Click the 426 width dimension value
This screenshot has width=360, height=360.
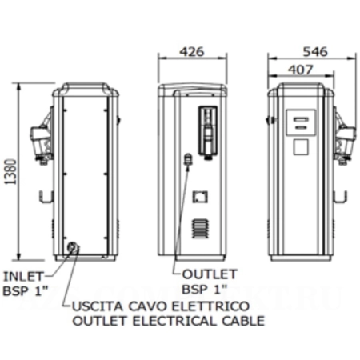(192, 51)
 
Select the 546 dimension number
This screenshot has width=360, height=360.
(315, 51)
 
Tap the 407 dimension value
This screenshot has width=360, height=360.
(300, 70)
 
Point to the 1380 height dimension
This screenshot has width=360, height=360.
(11, 172)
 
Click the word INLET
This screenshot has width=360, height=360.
(22, 277)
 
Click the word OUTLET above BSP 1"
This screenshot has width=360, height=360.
(209, 274)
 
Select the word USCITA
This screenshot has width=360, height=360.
(98, 306)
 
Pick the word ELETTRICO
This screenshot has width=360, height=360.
(210, 306)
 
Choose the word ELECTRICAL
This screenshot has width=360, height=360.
(175, 321)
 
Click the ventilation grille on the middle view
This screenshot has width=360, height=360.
(200, 229)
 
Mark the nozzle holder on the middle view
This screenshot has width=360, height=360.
(208, 133)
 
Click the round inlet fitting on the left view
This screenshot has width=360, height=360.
(73, 247)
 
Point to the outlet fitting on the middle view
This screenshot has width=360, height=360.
(188, 159)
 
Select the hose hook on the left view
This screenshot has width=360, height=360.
(46, 197)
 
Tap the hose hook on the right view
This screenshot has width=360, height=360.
(341, 197)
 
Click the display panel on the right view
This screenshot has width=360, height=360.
(301, 122)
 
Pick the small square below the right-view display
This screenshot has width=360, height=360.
(301, 146)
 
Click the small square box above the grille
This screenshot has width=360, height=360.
(200, 197)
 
